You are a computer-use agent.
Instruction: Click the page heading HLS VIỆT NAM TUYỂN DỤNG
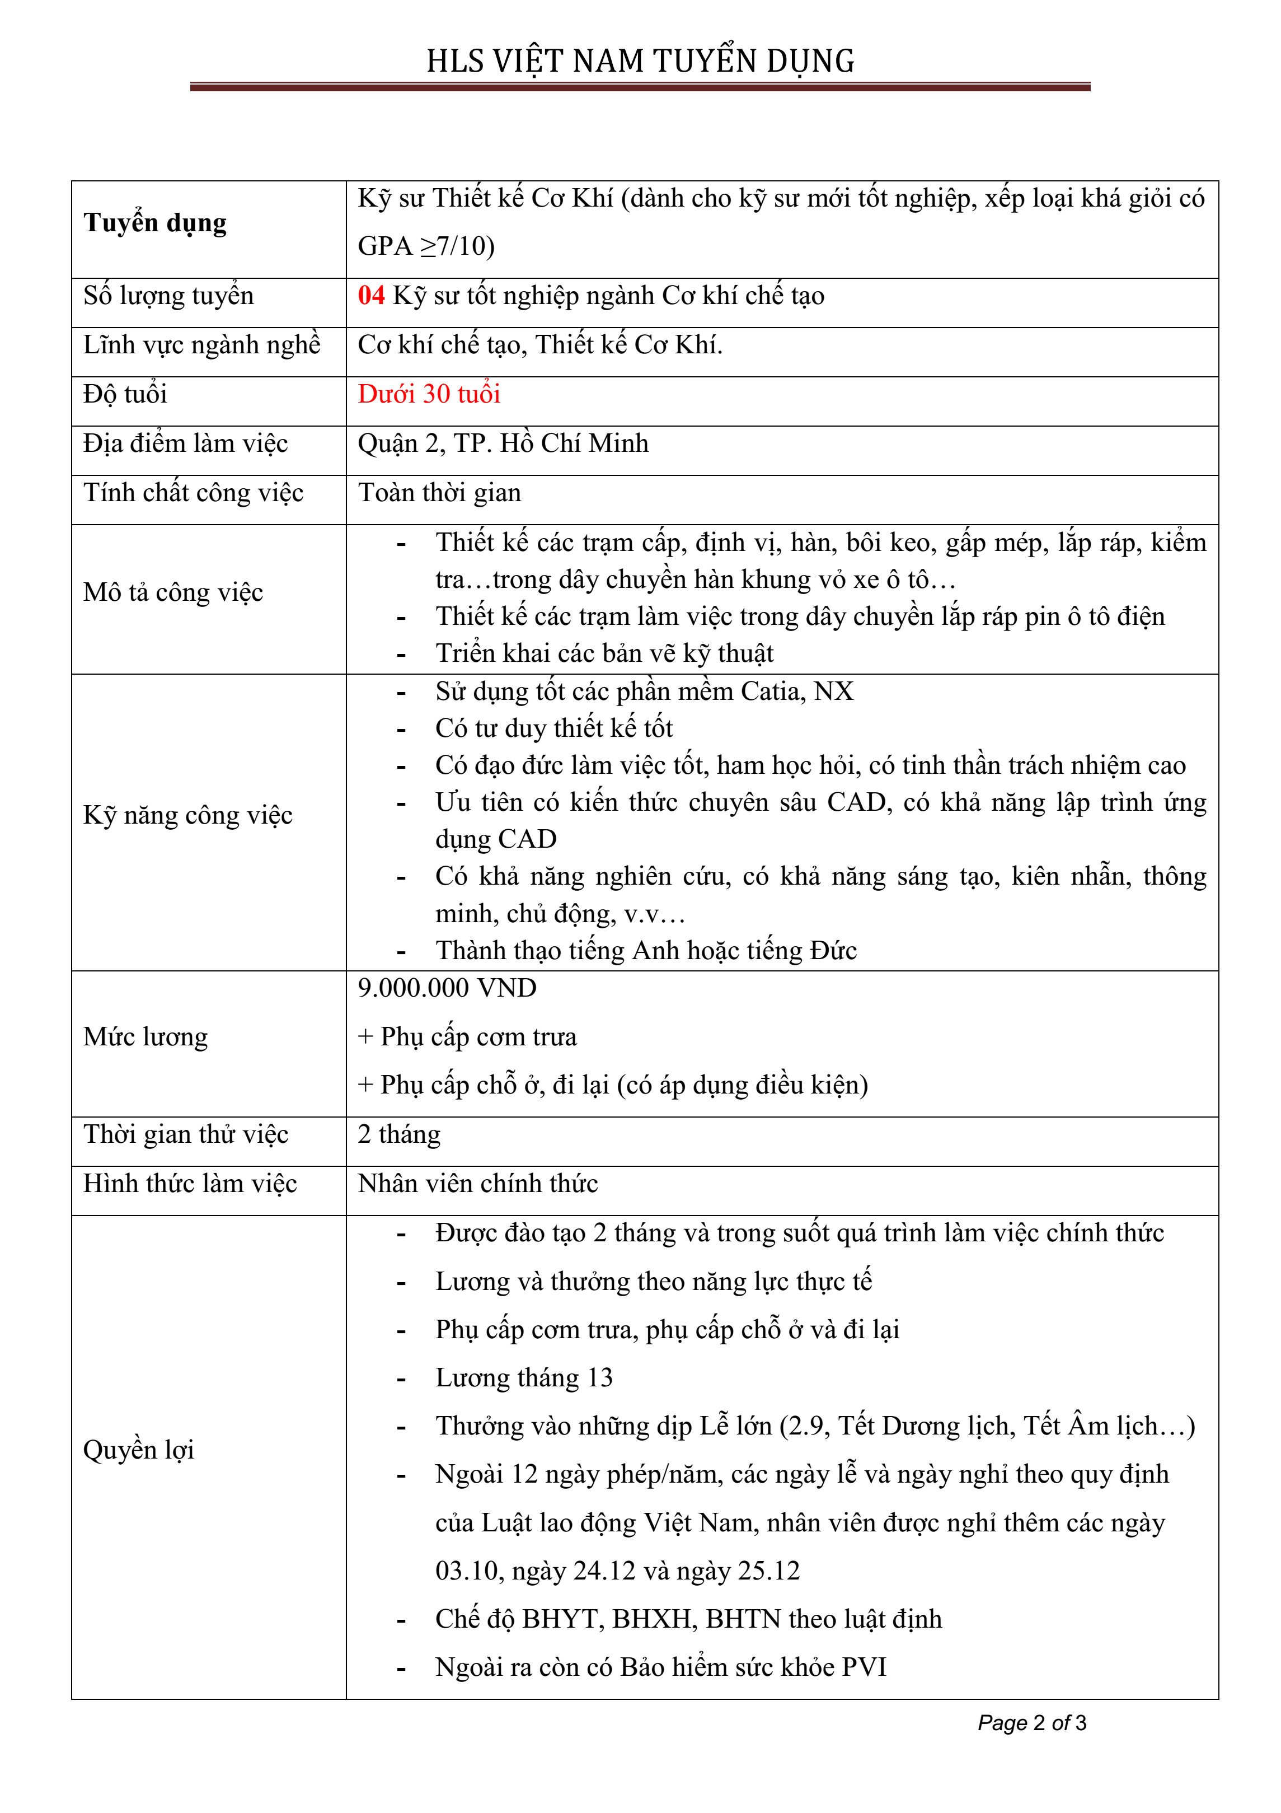[x=640, y=62]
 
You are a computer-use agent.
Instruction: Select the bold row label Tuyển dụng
[x=156, y=223]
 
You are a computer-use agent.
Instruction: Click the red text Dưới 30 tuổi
[x=429, y=394]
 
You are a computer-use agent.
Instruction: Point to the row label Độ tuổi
[x=125, y=394]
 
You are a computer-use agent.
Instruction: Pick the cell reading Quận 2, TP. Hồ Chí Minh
[x=503, y=444]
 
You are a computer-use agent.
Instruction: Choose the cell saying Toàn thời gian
[x=439, y=493]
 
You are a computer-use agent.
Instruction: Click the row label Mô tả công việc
[x=173, y=592]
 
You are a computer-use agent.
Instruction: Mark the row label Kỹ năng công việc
[x=188, y=815]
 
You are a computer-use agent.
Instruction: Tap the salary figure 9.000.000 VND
[x=447, y=988]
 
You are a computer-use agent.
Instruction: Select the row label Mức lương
[x=146, y=1037]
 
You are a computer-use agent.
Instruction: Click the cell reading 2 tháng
[x=398, y=1135]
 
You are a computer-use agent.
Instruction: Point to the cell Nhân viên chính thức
[x=477, y=1184]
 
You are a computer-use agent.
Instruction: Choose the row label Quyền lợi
[x=138, y=1450]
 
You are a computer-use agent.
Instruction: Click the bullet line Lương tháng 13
[x=523, y=1378]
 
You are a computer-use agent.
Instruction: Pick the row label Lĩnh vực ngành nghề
[x=202, y=345]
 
